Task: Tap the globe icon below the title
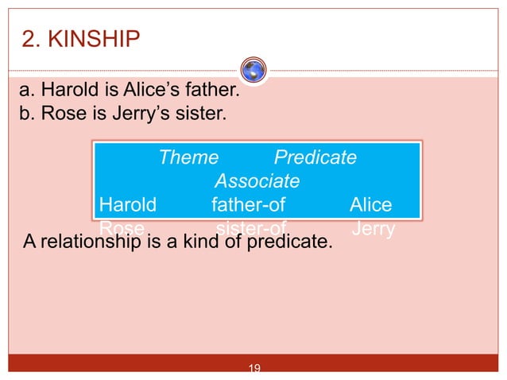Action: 253,70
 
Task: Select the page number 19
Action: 255,368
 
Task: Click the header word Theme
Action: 188,157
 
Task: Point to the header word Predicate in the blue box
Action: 315,157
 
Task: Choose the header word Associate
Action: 257,181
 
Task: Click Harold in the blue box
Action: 128,205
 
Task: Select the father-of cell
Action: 249,205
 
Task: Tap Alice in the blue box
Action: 370,205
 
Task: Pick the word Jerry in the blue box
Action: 373,228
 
